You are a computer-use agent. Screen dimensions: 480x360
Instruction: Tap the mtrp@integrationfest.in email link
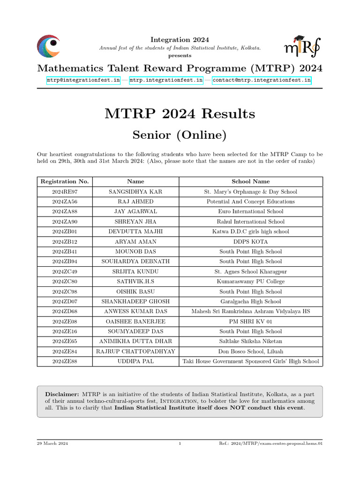coord(83,80)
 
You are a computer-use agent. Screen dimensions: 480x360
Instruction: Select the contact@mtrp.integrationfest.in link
coord(262,80)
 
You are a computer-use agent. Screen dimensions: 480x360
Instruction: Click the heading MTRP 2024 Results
coord(180,113)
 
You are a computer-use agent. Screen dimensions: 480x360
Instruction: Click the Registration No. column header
coord(65,181)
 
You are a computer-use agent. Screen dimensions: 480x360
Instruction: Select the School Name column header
coord(250,181)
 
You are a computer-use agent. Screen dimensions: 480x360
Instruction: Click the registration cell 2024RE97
coord(65,192)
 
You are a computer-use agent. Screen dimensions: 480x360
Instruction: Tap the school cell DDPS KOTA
coord(250,241)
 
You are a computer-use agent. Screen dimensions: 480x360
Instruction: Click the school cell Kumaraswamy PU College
coord(250,282)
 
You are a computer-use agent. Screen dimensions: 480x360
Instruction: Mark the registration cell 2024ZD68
coord(65,312)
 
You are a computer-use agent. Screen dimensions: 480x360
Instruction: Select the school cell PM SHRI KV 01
coord(250,322)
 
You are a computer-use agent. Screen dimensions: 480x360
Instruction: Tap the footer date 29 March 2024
coord(52,443)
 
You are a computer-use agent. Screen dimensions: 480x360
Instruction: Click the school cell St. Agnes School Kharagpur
coord(250,271)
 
